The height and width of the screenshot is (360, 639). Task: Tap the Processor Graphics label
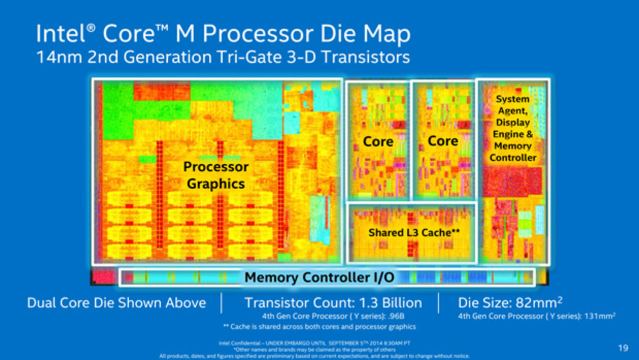pos(216,175)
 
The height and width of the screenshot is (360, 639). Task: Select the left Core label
pos(378,142)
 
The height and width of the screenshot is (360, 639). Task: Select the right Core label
pos(443,141)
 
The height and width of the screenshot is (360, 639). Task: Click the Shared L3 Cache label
pos(414,232)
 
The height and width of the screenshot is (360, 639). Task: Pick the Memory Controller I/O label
pos(319,277)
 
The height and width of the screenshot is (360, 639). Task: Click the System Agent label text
pos(513,105)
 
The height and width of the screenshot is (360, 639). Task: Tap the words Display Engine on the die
pos(513,128)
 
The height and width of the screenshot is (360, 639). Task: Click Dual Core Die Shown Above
pos(116,303)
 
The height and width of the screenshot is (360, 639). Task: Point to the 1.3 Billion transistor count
pos(389,303)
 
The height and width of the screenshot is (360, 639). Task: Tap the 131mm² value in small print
pos(603,316)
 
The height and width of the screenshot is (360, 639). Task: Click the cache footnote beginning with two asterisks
pos(319,327)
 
